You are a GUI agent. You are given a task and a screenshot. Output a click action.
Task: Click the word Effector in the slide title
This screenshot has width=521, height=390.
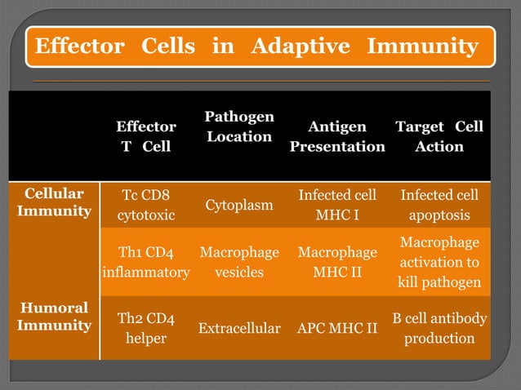point(78,47)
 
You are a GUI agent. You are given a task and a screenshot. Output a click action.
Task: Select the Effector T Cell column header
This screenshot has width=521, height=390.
point(145,136)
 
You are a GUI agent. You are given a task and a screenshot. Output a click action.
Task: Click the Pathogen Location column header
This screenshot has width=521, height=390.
point(238,126)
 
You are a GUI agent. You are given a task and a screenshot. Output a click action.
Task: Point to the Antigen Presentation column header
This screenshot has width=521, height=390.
point(336,136)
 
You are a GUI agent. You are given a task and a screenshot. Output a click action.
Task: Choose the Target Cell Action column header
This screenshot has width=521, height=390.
point(439,136)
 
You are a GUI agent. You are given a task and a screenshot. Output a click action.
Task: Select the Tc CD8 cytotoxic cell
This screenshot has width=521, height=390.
point(145,206)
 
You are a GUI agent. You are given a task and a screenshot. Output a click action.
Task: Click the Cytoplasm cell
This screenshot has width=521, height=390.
point(238,206)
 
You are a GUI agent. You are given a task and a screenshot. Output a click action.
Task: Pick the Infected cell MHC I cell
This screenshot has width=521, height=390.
point(336,206)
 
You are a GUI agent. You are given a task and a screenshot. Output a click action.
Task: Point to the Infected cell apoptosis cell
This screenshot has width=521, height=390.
point(439,206)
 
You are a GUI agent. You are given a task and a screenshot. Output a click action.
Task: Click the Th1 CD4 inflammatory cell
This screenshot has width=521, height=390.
point(145,262)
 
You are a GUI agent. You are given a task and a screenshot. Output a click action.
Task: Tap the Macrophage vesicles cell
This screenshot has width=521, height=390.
point(238,262)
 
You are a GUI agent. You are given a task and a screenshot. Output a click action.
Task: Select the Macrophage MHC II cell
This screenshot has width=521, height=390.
point(336,262)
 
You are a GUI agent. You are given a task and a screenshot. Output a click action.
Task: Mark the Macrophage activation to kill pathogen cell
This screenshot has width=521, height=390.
point(439,262)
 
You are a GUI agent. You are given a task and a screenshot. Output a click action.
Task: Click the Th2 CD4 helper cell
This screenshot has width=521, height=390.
point(145,328)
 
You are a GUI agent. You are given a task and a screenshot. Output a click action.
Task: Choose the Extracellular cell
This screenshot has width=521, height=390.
point(238,329)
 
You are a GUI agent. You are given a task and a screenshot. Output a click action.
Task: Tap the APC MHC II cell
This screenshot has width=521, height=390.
point(336,329)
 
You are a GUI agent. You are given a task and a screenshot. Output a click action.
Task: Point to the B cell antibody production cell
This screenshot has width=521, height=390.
point(439,328)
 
